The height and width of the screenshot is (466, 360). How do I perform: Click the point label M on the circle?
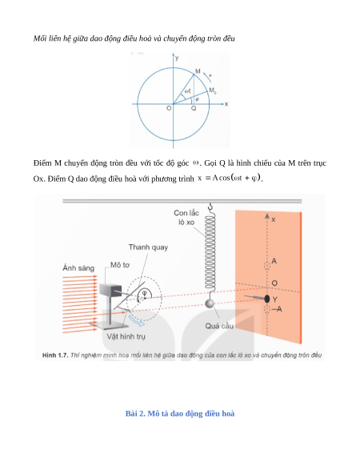pos(198,71)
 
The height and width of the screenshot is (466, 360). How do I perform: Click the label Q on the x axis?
pos(194,108)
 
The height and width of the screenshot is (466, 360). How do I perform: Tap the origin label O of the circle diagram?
pos(169,108)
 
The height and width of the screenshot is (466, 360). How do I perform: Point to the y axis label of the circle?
pos(177,58)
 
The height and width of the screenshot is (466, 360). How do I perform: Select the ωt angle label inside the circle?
pos(187,91)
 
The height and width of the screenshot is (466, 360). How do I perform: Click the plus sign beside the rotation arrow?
pos(210,75)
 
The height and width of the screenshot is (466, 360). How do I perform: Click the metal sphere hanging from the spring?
pos(210,303)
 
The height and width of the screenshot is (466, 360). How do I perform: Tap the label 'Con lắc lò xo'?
pos(186,218)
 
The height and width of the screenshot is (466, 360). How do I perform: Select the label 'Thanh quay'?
pos(148,247)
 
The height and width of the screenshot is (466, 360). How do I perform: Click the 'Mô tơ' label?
pos(120,265)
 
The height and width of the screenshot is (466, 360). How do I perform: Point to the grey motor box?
pos(110,290)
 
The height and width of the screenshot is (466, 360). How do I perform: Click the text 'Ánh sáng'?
pos(78,267)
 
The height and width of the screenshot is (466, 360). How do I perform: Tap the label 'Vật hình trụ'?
pos(126,337)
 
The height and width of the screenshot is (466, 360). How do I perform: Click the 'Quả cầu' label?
pos(219,326)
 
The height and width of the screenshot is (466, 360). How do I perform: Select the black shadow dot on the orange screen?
pos(267,299)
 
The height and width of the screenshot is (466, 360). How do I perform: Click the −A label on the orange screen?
pos(277,309)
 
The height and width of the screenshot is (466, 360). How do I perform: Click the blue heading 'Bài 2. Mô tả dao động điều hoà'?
pos(180,413)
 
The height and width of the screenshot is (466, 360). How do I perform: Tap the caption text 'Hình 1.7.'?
pos(55,356)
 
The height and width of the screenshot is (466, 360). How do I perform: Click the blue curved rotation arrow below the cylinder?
pos(137,320)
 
